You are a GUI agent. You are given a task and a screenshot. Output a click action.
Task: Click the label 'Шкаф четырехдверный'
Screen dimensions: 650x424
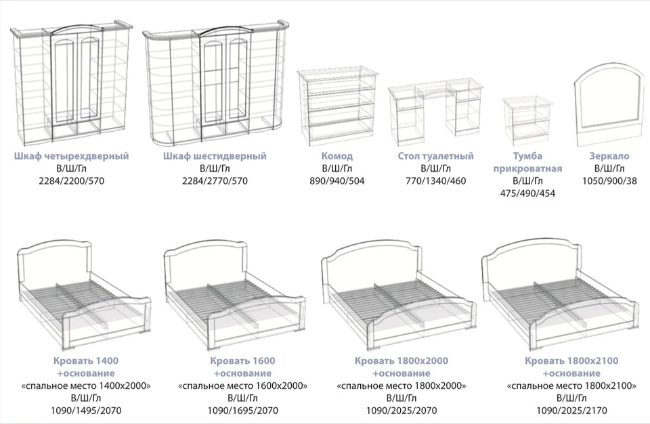pos(71,156)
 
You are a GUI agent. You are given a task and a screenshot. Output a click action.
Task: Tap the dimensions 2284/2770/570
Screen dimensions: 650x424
pos(215,181)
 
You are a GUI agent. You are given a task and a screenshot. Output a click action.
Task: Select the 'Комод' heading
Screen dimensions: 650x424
pos(337,156)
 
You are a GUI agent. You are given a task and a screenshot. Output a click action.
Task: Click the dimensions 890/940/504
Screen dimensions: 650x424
pos(337,181)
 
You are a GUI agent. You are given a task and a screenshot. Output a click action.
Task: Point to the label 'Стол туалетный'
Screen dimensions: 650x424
pos(435,156)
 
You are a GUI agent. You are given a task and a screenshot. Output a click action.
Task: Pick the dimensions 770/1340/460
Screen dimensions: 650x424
pos(435,181)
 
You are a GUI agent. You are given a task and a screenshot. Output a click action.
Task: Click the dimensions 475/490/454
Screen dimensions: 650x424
pos(527,193)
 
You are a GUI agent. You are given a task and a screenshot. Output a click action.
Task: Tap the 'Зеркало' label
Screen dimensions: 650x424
pos(609,156)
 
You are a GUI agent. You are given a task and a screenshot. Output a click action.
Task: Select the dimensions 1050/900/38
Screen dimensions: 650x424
pos(609,181)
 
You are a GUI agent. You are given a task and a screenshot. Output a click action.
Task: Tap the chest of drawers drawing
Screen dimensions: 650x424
pos(337,108)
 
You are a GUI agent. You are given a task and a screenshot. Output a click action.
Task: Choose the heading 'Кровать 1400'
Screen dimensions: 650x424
pos(86,360)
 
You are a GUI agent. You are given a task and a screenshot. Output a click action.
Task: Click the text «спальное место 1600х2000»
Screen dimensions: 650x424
pos(243,386)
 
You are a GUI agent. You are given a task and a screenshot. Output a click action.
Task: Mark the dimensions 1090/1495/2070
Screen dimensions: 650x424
pos(86,410)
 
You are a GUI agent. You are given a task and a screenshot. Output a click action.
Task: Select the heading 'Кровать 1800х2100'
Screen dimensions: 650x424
pos(571,360)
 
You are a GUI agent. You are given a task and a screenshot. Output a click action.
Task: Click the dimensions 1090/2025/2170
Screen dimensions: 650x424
pos(571,410)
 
